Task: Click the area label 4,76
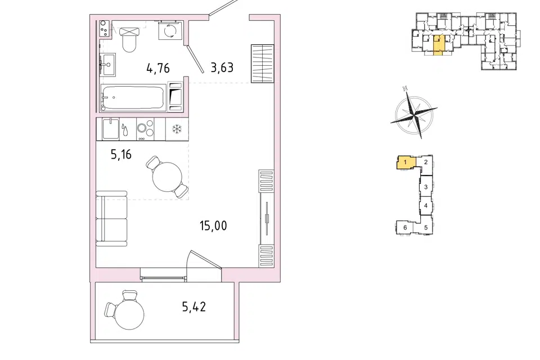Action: pos(158,68)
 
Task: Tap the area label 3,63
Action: pos(222,67)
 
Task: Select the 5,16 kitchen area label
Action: pos(121,154)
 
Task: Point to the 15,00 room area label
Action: pos(213,226)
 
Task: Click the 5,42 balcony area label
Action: pos(194,306)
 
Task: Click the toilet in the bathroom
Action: pos(129,39)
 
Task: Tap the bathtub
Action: pos(133,98)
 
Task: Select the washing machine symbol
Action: pos(170,31)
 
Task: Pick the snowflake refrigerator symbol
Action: pos(177,129)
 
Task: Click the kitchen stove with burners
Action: pos(145,129)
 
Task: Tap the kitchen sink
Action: pos(111,129)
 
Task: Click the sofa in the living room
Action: pos(111,218)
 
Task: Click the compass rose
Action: pos(414,113)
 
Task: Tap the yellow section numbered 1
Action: pos(406,163)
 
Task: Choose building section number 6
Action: pos(405,227)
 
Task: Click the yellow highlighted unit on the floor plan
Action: pos(438,45)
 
